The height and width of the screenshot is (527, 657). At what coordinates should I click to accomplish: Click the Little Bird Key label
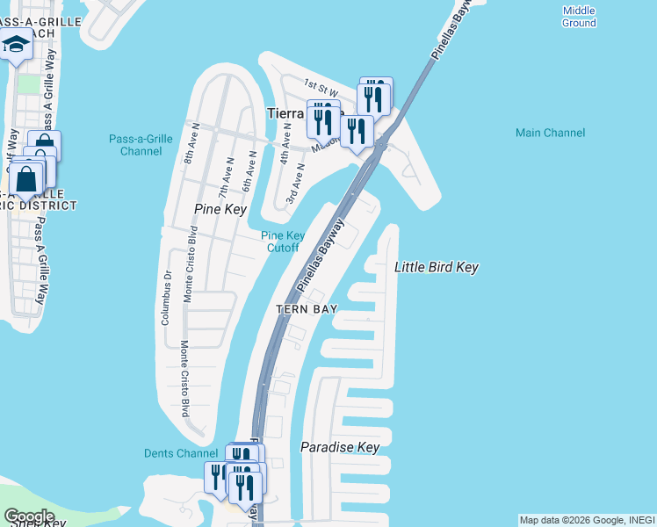(437, 267)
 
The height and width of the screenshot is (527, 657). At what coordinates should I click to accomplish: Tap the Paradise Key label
(340, 447)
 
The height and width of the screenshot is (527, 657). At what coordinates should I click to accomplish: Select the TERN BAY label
(307, 309)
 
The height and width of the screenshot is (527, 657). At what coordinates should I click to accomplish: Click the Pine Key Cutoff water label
(283, 242)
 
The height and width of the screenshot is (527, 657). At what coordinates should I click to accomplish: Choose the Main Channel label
(550, 133)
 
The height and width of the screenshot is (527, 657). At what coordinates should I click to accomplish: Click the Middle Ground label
(579, 17)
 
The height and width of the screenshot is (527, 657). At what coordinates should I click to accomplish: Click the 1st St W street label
(321, 87)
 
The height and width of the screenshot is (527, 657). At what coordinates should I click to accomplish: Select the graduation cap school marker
(15, 44)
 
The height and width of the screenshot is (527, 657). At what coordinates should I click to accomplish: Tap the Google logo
(29, 516)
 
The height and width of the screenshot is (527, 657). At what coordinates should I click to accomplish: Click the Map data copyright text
(587, 520)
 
